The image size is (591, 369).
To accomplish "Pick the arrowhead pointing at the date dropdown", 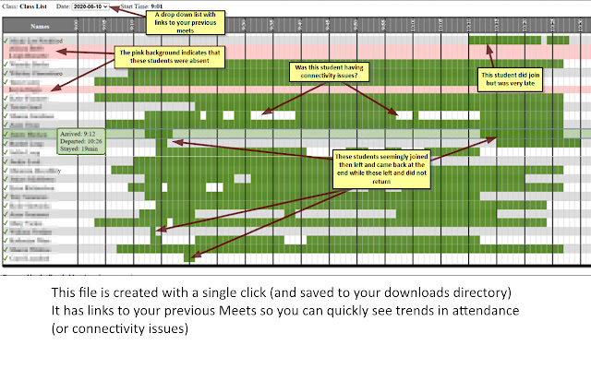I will [x=114, y=8].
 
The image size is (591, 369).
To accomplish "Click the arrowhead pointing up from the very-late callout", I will [x=498, y=44].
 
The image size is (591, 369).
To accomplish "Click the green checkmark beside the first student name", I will [x=6, y=41].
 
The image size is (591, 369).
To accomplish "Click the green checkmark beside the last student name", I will [x=6, y=259].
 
